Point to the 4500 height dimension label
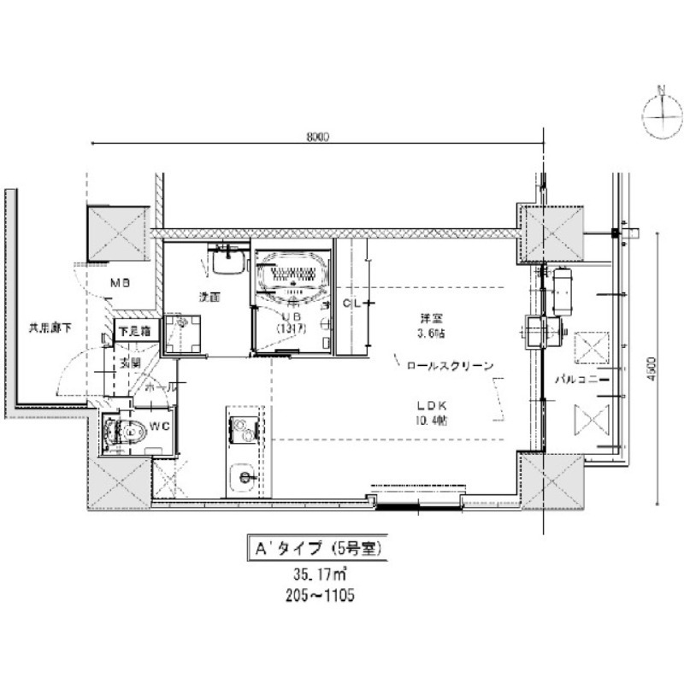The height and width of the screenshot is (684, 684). tap(652, 367)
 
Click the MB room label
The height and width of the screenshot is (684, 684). tap(119, 282)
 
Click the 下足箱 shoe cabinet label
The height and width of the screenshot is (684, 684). tap(133, 330)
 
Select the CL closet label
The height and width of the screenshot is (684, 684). tap(351, 304)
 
